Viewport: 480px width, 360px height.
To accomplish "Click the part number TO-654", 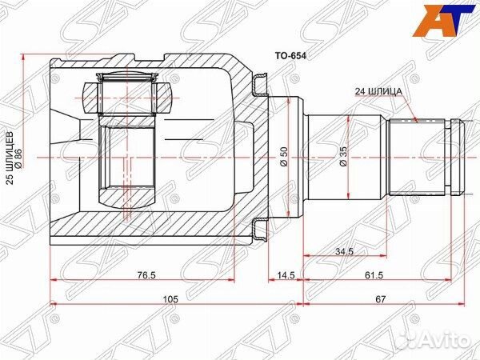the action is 290,56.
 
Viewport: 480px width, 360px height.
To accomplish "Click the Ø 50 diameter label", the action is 284,157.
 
